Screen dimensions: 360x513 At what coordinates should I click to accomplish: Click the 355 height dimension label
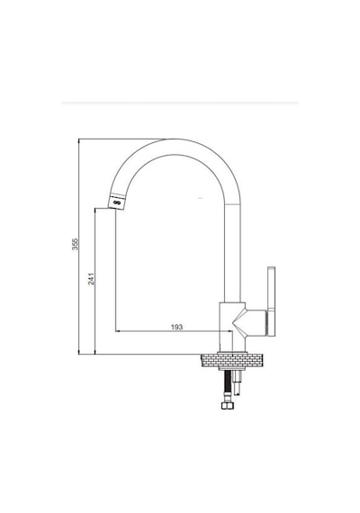tap(76, 244)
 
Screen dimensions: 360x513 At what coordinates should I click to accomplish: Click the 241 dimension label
tap(91, 279)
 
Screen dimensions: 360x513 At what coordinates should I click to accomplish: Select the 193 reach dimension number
tap(176, 327)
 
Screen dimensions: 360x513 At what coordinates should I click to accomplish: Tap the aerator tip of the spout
tap(116, 202)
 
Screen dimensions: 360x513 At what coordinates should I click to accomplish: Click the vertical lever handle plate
tap(271, 301)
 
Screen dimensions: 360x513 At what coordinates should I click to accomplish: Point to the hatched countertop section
tap(232, 361)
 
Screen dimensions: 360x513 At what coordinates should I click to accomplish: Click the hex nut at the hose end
tap(228, 406)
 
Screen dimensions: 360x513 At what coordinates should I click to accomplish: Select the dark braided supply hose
tap(228, 386)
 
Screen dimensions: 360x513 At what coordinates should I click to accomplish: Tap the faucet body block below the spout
tap(231, 327)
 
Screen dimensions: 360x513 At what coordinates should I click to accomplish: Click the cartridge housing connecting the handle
tap(256, 322)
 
